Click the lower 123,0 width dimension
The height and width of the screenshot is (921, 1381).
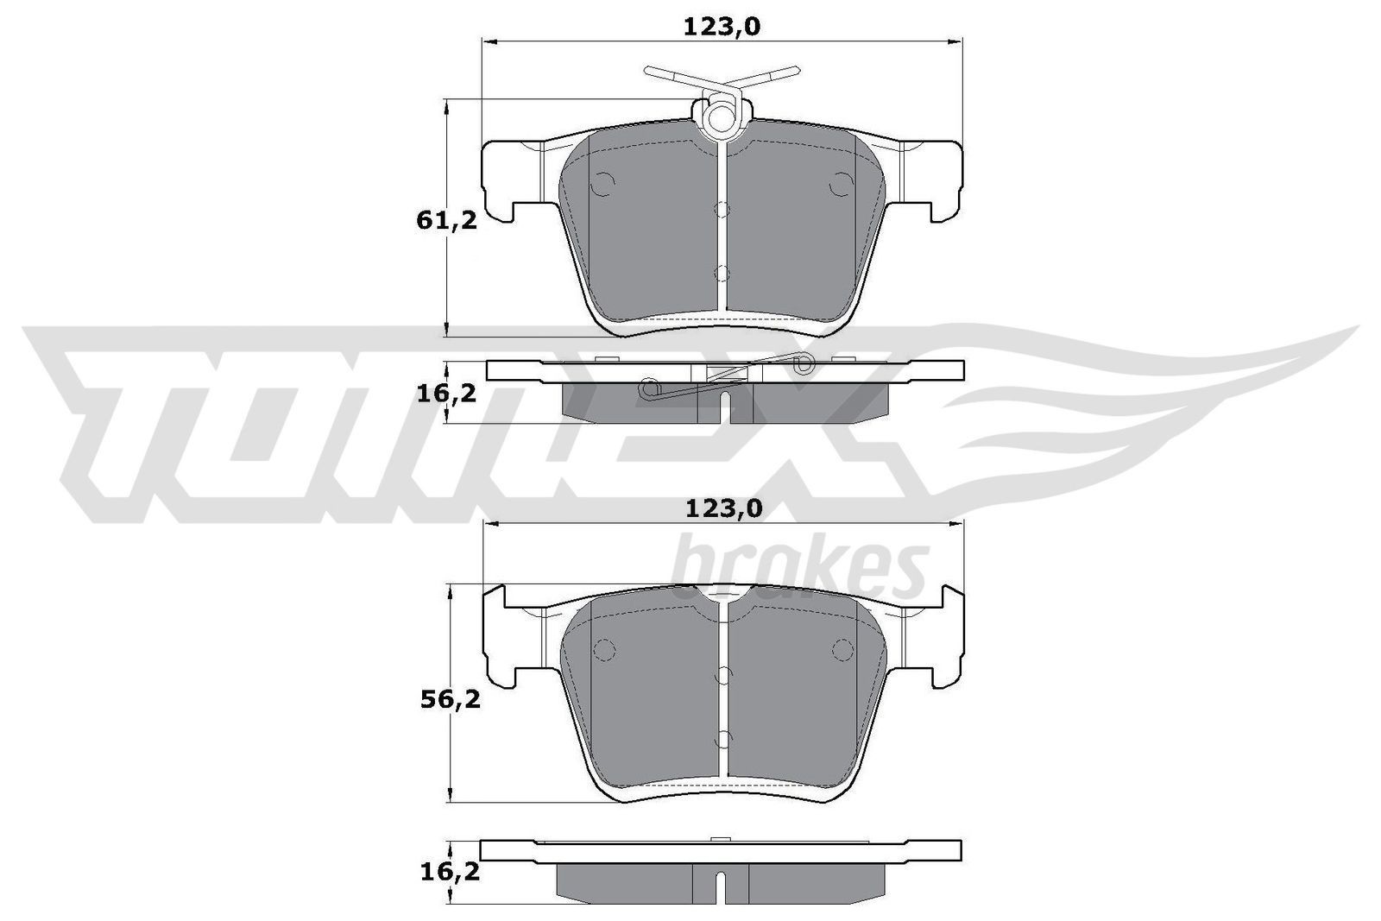point(723,509)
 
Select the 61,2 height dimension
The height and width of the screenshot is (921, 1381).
point(446,221)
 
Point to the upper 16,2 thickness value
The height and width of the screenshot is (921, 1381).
point(446,394)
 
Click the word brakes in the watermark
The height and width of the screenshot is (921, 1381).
point(798,565)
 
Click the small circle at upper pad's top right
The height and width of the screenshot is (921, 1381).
point(839,183)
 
